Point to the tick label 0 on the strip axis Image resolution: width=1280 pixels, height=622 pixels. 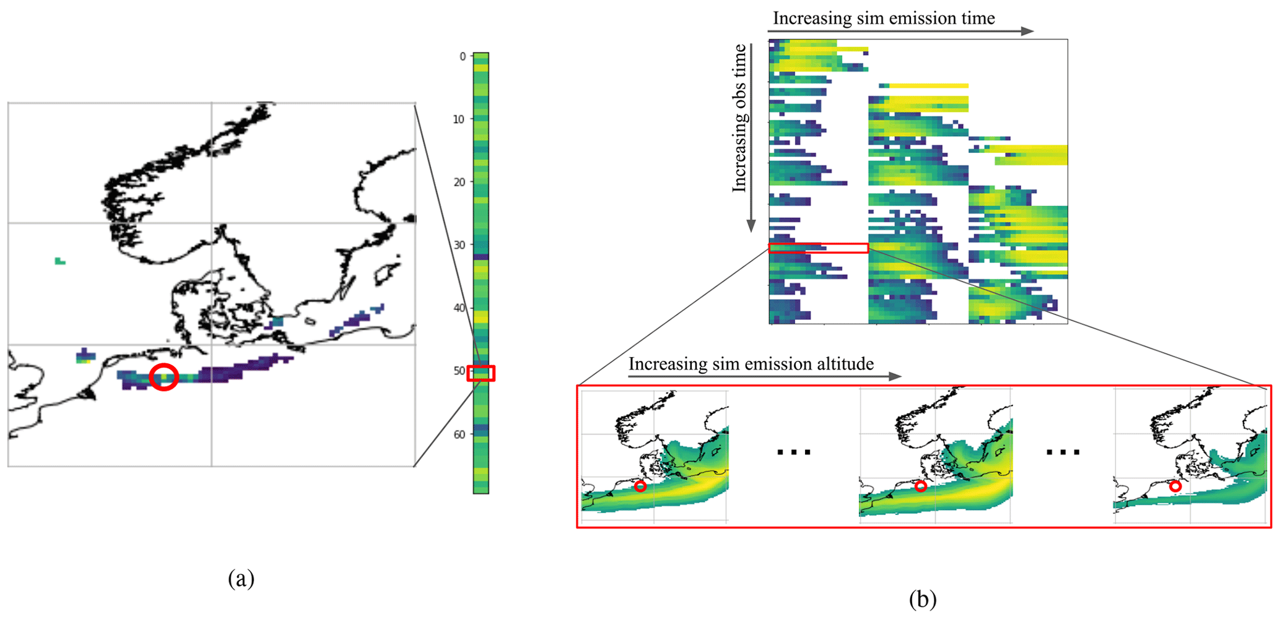(463, 56)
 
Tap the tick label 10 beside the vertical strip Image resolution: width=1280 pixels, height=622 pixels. (459, 119)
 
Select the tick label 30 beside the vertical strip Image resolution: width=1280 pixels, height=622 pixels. (459, 245)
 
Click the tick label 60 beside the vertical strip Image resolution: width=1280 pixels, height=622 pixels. (459, 434)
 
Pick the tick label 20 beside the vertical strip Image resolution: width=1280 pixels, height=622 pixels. (459, 182)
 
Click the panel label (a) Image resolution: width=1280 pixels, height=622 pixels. (241, 579)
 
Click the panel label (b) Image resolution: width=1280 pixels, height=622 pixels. (923, 598)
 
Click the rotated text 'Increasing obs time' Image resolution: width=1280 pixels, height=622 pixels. (739, 118)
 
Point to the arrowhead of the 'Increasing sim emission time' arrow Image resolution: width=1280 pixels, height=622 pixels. (1027, 31)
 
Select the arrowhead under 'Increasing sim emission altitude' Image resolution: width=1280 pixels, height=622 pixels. (895, 376)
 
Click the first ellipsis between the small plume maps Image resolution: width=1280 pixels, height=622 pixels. (794, 453)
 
